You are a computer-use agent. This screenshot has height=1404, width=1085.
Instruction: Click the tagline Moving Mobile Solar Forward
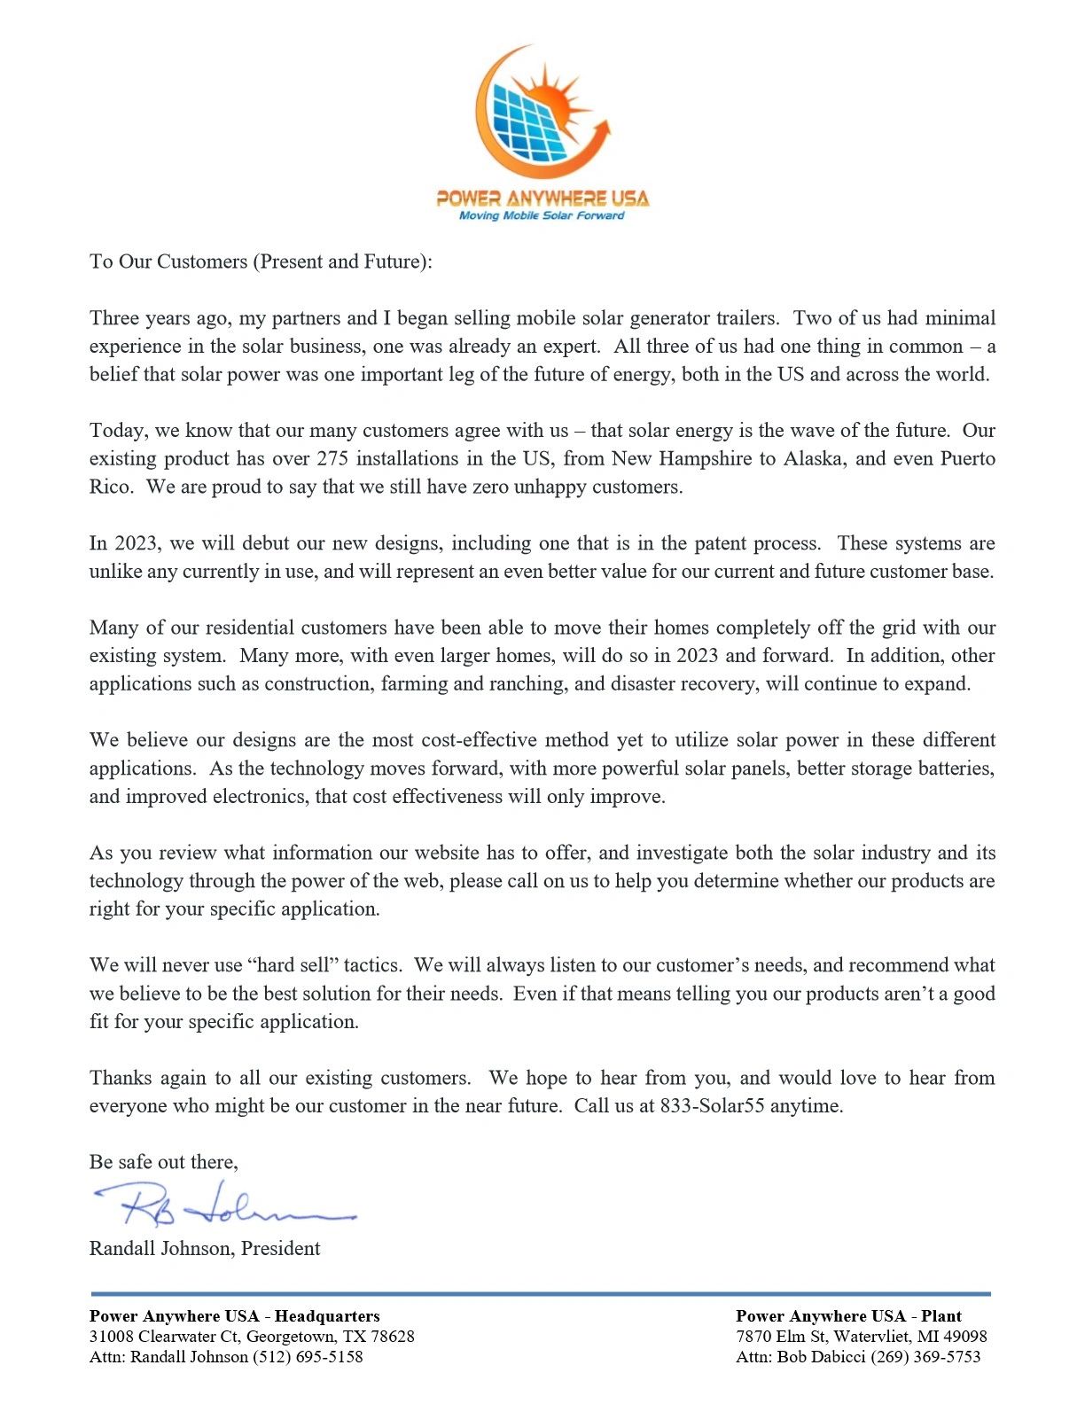(x=542, y=215)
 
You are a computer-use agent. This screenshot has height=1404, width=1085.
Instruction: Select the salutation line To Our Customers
(x=261, y=261)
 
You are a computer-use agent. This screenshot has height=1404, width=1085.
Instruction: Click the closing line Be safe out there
(x=163, y=1162)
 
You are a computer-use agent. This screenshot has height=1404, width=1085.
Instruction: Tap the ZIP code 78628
(x=389, y=1337)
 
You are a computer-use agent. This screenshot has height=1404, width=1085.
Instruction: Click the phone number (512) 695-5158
(x=308, y=1357)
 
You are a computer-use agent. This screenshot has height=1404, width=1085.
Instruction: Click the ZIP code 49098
(x=961, y=1337)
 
